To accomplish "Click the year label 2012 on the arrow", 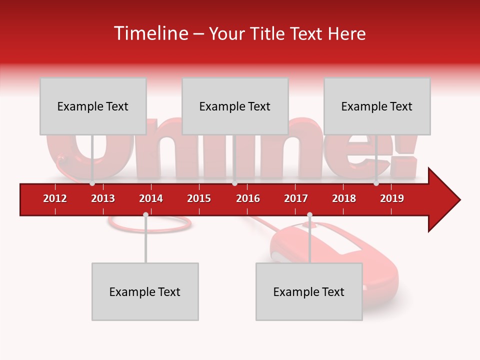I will [55, 198].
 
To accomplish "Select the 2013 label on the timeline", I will [103, 198].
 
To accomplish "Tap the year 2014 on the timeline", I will [151, 198].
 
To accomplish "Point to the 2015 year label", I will [199, 198].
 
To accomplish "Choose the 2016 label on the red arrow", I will [248, 198].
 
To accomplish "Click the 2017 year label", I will [296, 198].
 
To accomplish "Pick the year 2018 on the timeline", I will [344, 198].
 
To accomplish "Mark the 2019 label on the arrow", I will [392, 198].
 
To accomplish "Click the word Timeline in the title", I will [150, 33].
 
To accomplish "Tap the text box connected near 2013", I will [93, 106].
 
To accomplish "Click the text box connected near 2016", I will [235, 106].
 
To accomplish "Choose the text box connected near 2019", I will [377, 106].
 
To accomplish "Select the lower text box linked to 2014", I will [145, 291].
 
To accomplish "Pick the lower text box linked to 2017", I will [309, 291].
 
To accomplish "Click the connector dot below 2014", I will [145, 214].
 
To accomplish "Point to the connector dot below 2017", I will [309, 214].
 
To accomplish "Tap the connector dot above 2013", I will [92, 183].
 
